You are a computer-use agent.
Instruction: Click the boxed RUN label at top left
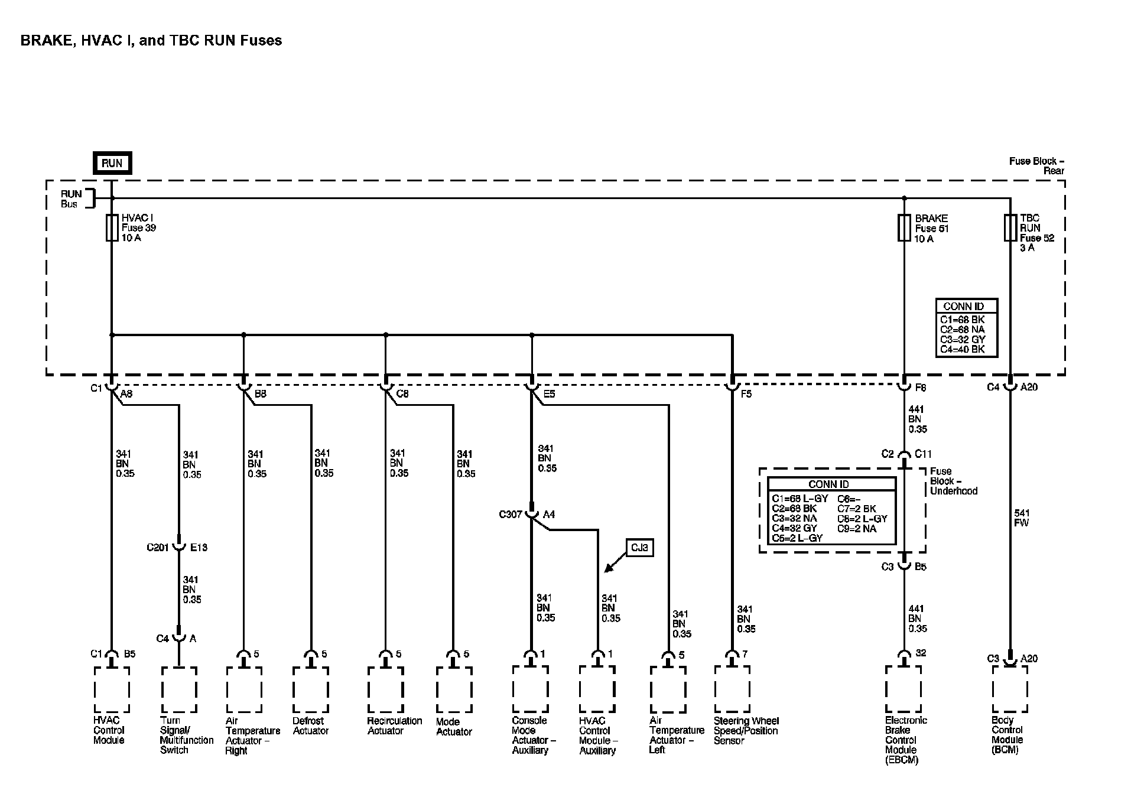point(112,163)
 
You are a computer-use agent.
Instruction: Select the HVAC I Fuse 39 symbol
point(112,228)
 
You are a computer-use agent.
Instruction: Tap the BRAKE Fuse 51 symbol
point(903,228)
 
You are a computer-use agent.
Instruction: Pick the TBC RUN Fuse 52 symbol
point(1010,228)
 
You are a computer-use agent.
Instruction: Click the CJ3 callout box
point(639,548)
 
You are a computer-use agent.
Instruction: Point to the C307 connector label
point(510,515)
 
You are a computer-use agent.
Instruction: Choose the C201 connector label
point(158,548)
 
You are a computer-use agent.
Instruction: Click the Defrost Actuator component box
point(311,689)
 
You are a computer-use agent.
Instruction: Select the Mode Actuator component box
point(454,689)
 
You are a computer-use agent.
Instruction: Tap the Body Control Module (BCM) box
point(1010,689)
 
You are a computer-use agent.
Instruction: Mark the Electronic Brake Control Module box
point(903,689)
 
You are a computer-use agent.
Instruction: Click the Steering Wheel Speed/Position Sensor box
point(732,689)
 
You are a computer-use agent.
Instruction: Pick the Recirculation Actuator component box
point(385,689)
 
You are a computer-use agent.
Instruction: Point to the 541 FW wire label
point(1021,518)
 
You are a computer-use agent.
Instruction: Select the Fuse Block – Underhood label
point(953,481)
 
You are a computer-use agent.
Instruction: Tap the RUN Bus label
point(71,199)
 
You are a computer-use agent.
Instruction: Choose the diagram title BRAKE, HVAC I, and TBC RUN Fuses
point(151,41)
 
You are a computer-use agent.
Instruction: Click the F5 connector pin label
point(746,393)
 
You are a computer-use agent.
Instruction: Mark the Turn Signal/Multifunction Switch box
point(179,689)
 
